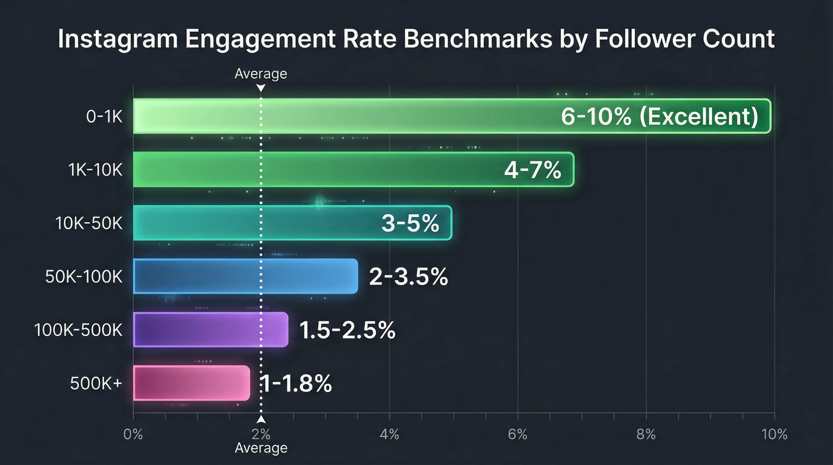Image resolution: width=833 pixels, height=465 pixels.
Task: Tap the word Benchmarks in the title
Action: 478,39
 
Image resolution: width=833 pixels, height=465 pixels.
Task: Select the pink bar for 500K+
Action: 191,383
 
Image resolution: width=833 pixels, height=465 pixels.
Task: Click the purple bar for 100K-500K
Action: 210,330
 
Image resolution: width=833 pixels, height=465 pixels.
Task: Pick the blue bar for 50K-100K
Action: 245,276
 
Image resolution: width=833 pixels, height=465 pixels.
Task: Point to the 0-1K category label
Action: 104,117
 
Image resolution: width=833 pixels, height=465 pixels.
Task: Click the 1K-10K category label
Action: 95,170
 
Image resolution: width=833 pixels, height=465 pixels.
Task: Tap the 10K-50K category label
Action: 89,223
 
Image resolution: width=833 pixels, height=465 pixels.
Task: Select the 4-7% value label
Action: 533,170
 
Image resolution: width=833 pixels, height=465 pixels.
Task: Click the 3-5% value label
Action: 410,223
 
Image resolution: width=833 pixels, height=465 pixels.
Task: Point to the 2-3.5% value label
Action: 408,276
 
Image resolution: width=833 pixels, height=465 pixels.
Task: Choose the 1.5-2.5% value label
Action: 347,330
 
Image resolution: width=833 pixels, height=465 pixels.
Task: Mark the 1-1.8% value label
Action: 296,384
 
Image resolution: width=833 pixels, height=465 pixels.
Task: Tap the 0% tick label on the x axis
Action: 133,434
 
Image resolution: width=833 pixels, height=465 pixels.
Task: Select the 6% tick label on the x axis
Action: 517,434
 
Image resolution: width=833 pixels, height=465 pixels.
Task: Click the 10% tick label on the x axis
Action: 774,434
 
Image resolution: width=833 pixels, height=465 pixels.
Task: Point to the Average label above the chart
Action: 261,74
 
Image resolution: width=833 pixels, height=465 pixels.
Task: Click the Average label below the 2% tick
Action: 261,448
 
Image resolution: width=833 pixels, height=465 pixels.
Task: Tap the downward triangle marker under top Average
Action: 261,87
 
